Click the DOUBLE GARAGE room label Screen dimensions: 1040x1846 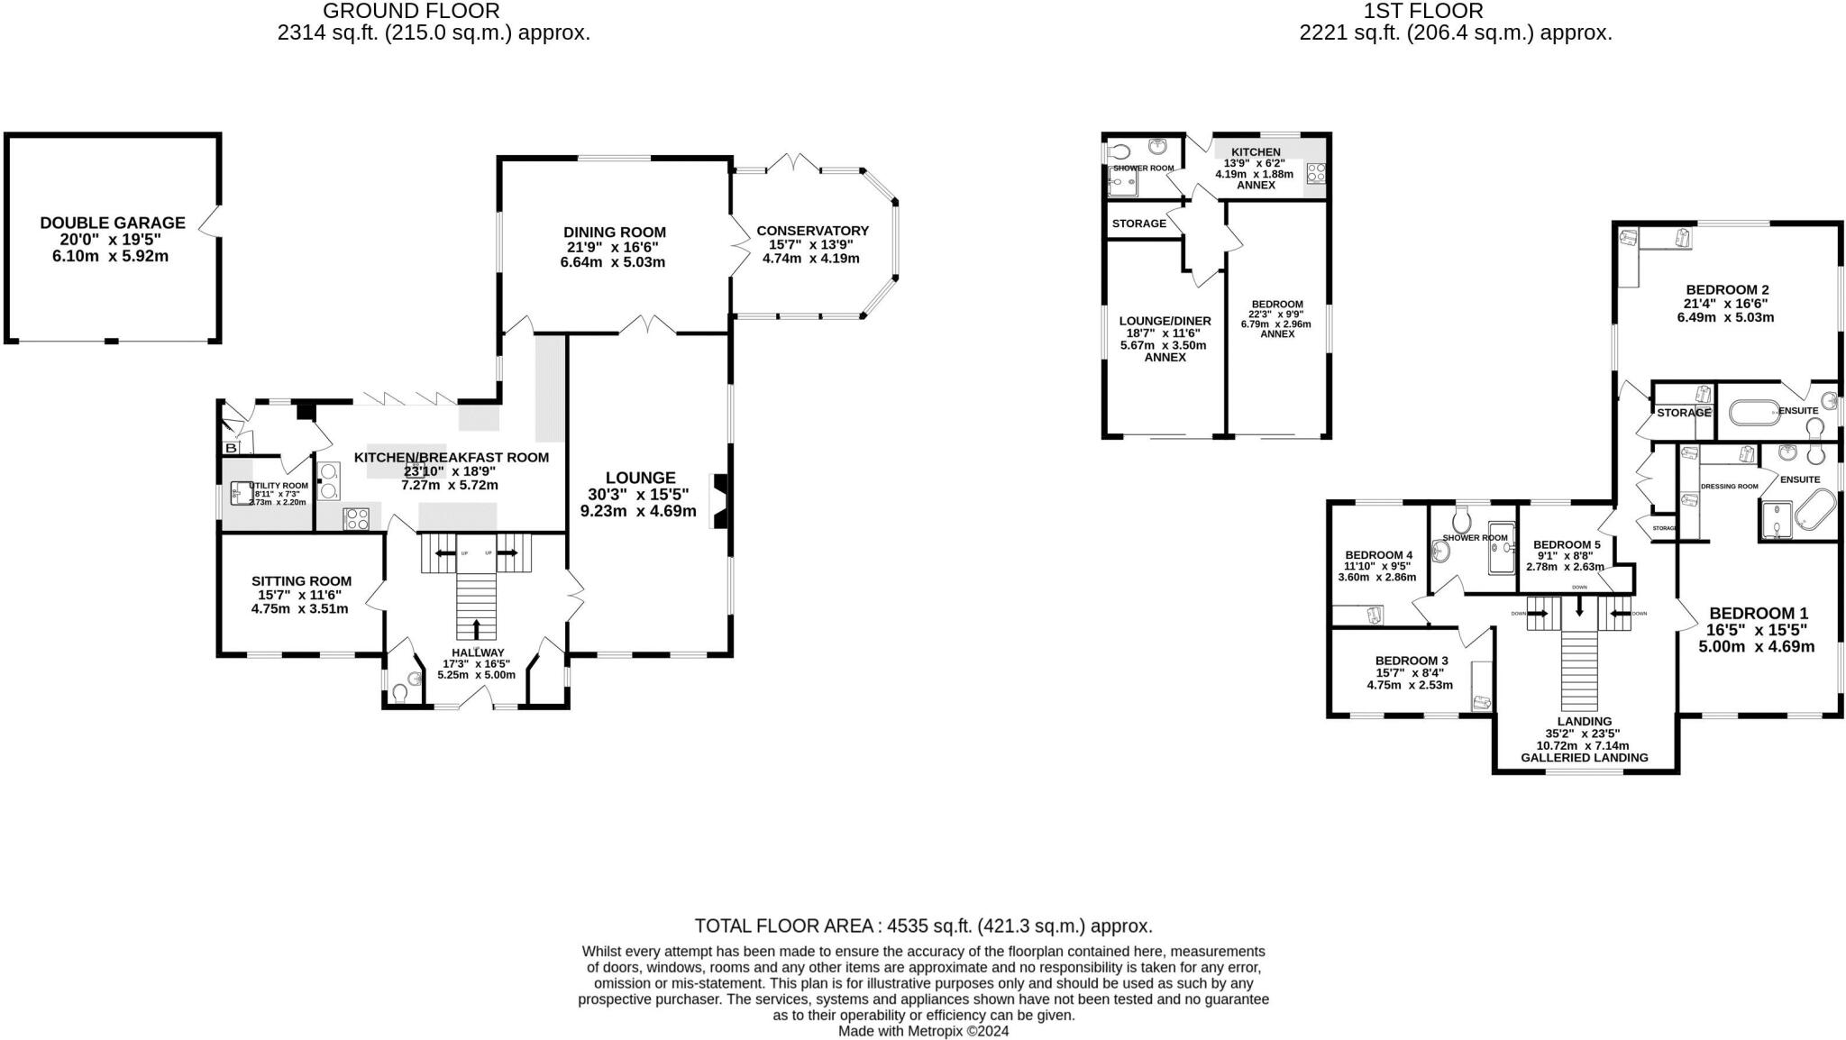coord(112,223)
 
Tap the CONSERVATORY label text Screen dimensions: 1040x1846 coord(812,231)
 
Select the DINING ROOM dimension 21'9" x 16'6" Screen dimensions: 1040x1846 coord(613,247)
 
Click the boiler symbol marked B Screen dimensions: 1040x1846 coord(231,448)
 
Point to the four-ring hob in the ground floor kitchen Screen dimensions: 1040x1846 coord(356,518)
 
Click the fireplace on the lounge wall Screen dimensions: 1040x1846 coord(719,501)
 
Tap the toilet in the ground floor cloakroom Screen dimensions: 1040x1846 coord(399,693)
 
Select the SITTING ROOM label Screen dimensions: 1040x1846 coord(301,581)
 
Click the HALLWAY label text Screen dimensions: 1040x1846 coord(478,652)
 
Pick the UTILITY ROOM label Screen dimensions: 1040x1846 coord(282,485)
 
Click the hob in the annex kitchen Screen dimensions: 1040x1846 coord(1315,173)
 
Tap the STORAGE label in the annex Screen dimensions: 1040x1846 coord(1138,224)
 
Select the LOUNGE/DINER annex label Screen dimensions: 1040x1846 coord(1165,321)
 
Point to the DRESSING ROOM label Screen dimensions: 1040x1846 coord(1729,487)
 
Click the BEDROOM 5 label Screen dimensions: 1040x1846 coord(1567,544)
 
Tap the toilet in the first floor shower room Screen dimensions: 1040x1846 coord(1462,517)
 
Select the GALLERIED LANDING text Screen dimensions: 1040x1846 coord(1584,758)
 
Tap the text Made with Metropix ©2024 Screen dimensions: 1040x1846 coord(923,1031)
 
